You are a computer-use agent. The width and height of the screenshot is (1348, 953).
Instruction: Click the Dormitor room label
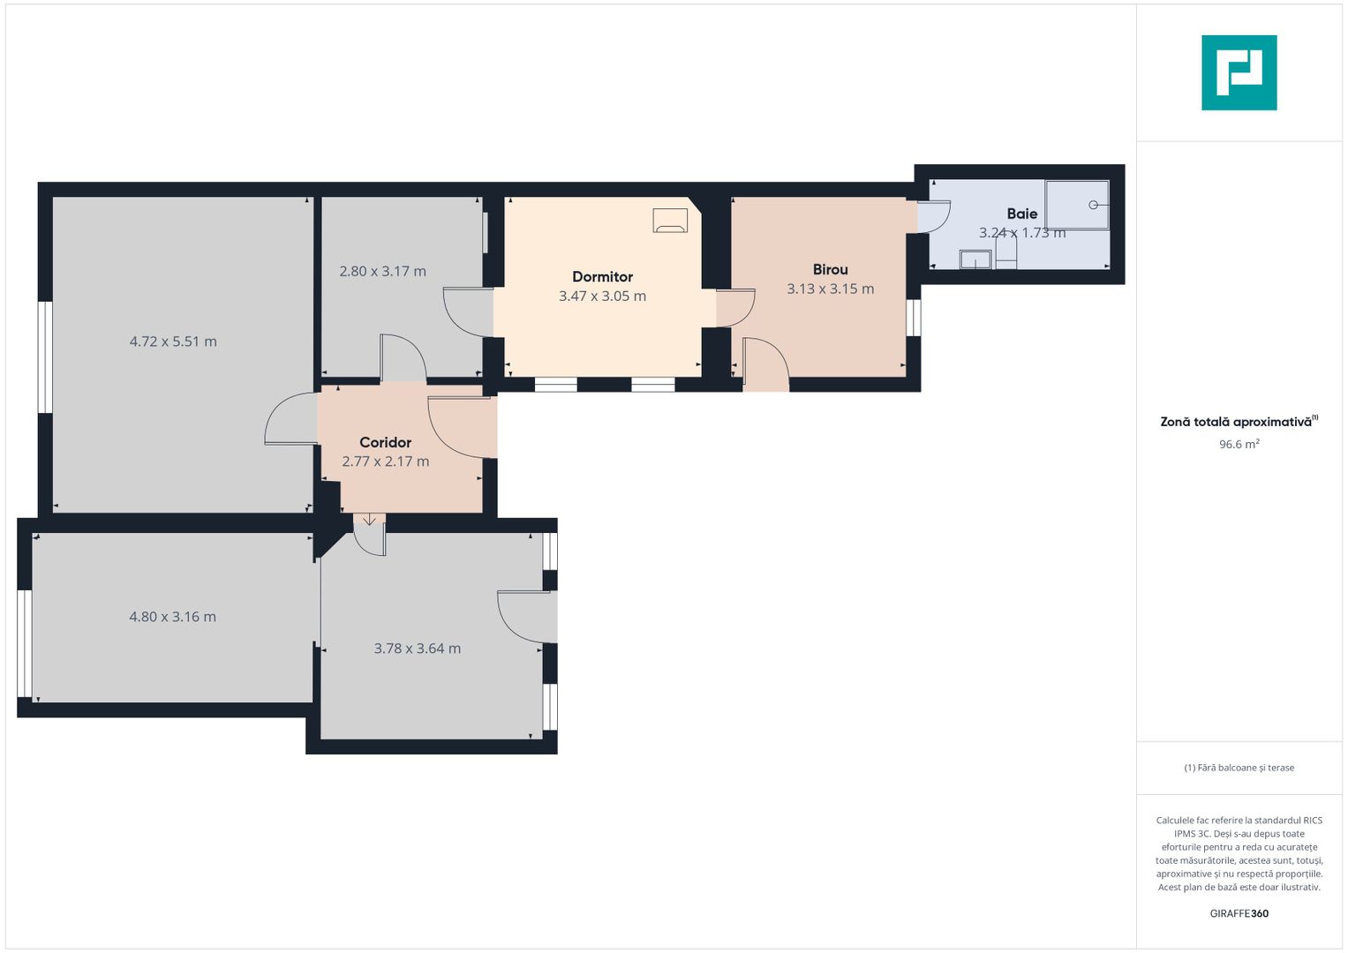click(x=602, y=277)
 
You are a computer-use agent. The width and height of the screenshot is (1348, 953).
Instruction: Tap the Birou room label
click(x=830, y=270)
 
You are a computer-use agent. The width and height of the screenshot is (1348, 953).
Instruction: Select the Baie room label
click(x=1021, y=214)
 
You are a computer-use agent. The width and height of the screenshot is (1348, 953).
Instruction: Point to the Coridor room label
click(x=385, y=442)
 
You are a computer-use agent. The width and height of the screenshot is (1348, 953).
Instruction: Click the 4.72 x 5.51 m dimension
click(x=173, y=341)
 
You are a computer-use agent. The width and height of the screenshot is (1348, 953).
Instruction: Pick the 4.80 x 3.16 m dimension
click(x=172, y=617)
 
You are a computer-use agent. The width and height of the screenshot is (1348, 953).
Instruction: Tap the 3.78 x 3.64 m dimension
click(x=417, y=649)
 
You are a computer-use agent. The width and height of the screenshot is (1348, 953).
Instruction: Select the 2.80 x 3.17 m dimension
click(x=382, y=272)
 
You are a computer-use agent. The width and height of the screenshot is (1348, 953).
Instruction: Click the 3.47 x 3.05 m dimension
click(x=602, y=296)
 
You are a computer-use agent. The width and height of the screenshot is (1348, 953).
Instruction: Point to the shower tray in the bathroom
click(x=1076, y=205)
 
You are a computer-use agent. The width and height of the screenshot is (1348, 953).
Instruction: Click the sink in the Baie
click(x=975, y=259)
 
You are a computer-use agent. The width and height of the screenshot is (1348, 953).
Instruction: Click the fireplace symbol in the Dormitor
click(x=670, y=221)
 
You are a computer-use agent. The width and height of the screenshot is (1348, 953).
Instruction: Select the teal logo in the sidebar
click(x=1239, y=72)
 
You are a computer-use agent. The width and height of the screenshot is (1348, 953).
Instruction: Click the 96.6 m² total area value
click(x=1239, y=445)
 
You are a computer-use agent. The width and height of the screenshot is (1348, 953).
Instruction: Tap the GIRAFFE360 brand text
click(x=1239, y=913)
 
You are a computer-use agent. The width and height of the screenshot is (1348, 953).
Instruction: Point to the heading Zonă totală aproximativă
click(x=1236, y=422)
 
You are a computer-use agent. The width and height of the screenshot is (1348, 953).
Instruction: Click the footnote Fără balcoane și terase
click(x=1239, y=768)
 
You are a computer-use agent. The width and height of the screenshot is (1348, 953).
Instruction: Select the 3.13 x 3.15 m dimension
click(x=830, y=289)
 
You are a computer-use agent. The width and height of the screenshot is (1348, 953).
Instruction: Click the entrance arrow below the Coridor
click(x=369, y=520)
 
